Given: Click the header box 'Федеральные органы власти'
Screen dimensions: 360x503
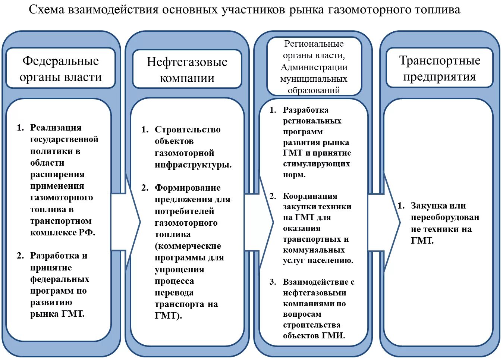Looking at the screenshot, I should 60,68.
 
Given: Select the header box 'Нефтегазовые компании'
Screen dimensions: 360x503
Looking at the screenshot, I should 187,69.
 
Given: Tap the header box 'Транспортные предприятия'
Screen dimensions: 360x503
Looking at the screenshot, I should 439,68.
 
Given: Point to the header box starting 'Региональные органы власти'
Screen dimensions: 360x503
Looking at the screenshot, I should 314,67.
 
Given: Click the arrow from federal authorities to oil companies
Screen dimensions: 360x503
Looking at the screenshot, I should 125,222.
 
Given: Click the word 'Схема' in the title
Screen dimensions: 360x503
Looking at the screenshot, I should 47,10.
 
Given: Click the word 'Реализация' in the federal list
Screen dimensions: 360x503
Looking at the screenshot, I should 56,128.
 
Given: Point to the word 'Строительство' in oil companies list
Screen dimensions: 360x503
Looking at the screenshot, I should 188,129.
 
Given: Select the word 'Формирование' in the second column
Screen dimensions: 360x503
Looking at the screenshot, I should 188,188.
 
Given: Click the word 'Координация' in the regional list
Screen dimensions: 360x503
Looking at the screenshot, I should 310,196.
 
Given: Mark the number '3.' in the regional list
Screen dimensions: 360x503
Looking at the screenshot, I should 273,282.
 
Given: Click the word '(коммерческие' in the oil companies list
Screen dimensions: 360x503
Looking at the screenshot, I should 188,246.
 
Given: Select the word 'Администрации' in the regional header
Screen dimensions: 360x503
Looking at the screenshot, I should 314,67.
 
